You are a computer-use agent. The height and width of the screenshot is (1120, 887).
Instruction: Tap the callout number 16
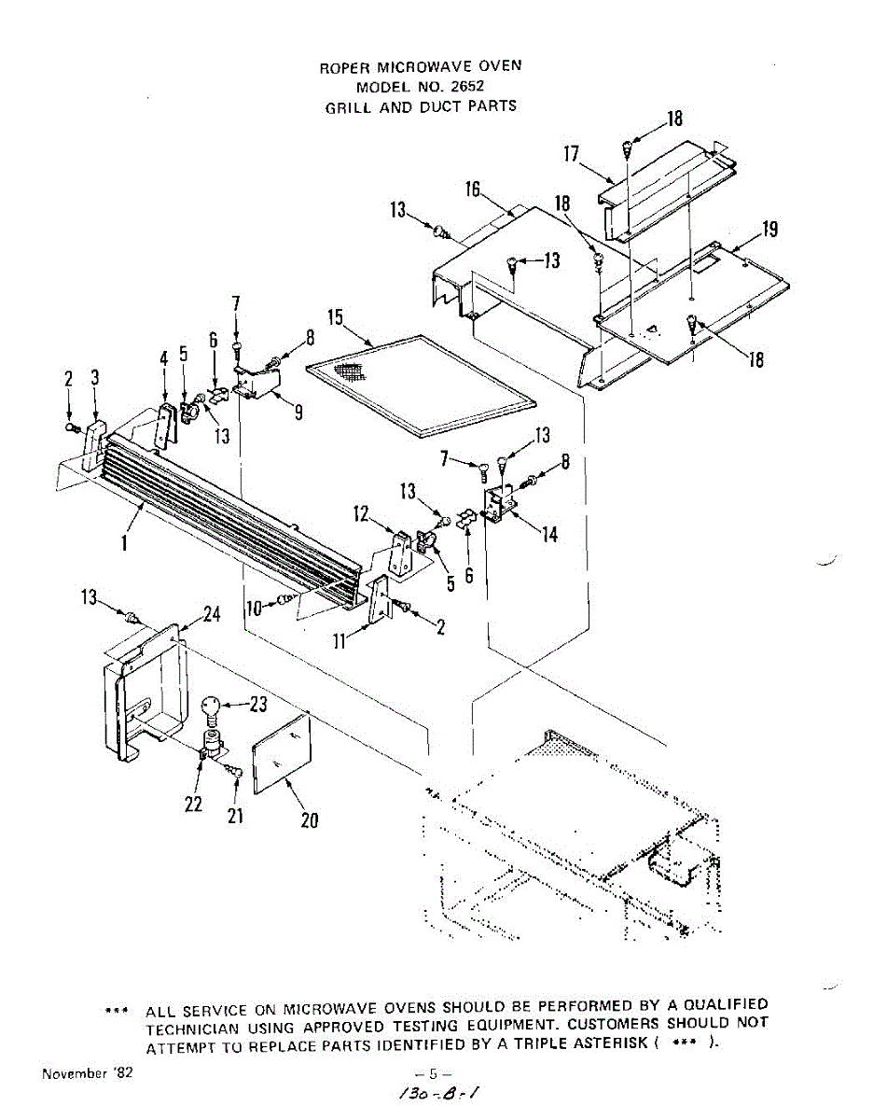(473, 190)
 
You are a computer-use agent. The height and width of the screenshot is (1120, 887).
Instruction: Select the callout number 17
(572, 154)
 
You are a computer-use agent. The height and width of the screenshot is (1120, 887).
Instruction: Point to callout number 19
(770, 230)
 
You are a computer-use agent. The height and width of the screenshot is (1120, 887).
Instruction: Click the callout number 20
(309, 819)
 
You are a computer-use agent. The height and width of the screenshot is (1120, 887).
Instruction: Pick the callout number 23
(258, 706)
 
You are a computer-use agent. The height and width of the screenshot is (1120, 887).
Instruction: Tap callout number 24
(213, 614)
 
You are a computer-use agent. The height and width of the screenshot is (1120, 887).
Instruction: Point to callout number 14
(550, 535)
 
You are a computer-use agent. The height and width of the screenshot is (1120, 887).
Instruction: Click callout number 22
(194, 804)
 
